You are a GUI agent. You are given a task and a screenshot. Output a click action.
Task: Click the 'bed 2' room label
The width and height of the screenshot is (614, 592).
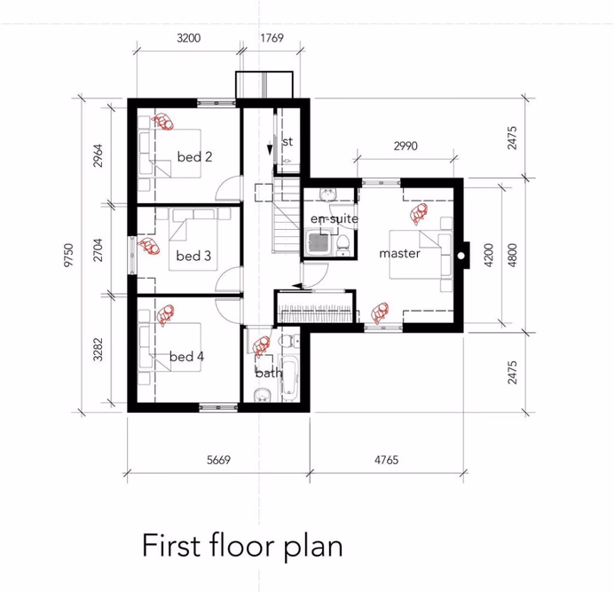click(194, 157)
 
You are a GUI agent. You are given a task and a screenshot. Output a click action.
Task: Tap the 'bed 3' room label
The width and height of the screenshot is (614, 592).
click(193, 256)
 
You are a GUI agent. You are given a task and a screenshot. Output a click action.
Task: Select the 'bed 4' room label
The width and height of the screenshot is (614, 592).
click(186, 357)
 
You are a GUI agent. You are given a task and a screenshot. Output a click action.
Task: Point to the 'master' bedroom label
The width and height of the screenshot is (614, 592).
click(398, 254)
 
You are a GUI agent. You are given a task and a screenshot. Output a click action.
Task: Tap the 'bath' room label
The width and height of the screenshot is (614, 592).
click(268, 373)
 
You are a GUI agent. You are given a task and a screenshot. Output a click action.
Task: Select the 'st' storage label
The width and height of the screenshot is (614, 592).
click(287, 142)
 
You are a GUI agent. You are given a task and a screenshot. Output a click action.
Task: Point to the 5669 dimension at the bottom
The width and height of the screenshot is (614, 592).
click(218, 460)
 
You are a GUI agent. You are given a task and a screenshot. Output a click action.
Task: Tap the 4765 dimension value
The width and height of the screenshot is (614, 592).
click(387, 460)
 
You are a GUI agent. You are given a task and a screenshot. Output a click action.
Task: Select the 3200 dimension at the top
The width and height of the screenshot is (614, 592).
click(189, 38)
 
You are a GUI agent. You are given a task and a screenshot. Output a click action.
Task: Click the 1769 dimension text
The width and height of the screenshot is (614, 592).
click(272, 38)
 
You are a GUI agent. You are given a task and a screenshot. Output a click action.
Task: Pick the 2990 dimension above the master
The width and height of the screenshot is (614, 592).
click(405, 146)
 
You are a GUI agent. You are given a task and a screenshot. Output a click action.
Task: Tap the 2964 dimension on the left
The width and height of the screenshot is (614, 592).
click(98, 157)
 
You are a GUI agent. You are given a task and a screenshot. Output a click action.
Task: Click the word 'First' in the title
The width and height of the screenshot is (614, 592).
click(174, 545)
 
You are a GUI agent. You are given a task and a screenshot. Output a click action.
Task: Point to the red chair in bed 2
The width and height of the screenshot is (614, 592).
click(163, 122)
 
